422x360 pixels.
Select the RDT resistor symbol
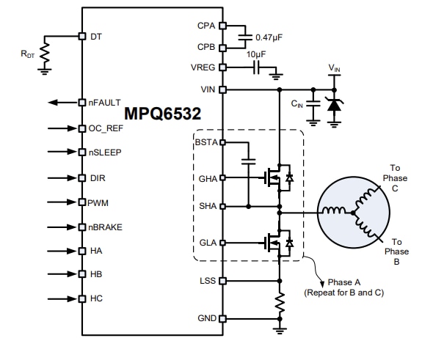(44, 53)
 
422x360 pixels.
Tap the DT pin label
(95, 35)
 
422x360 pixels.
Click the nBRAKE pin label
(106, 227)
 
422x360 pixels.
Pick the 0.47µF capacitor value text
(271, 37)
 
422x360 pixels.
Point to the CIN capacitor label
(297, 105)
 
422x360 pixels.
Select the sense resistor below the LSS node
(280, 303)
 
